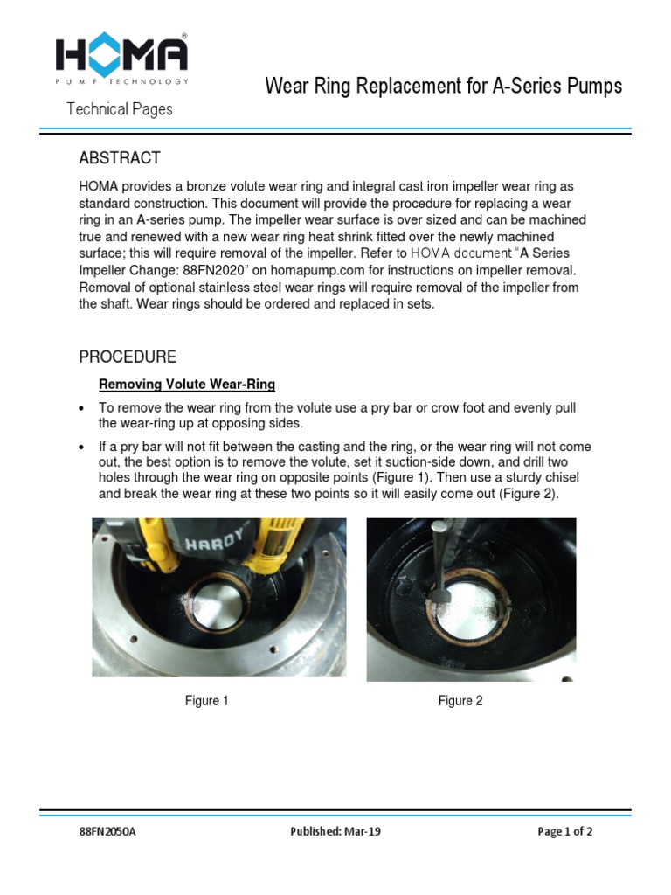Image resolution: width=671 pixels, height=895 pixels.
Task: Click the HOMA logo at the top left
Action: pyautogui.click(x=121, y=58)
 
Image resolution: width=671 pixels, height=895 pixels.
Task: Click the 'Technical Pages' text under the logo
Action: pyautogui.click(x=121, y=109)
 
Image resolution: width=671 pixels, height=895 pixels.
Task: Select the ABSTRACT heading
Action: pyautogui.click(x=120, y=158)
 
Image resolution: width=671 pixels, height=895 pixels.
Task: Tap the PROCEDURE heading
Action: pyautogui.click(x=128, y=357)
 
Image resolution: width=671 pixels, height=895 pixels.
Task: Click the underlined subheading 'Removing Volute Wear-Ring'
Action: pyautogui.click(x=187, y=384)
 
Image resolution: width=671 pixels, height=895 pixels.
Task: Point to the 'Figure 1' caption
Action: pyautogui.click(x=206, y=701)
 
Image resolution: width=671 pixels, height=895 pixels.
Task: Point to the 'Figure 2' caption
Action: pyautogui.click(x=460, y=701)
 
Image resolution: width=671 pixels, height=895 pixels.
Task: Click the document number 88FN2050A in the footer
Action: pyautogui.click(x=107, y=832)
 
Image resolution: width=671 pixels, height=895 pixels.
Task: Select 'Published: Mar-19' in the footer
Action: pyautogui.click(x=335, y=832)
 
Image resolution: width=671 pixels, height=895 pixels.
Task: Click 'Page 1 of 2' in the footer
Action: pyautogui.click(x=564, y=832)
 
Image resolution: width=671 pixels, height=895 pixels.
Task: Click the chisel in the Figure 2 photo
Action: pyautogui.click(x=437, y=559)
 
